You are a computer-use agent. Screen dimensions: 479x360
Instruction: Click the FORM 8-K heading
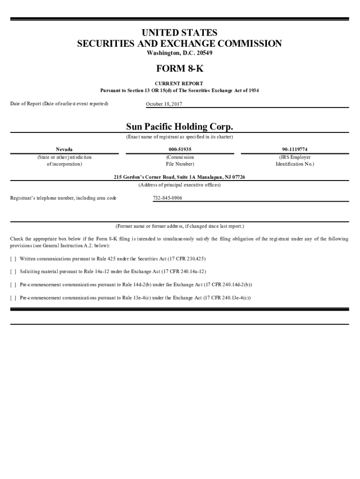point(180,69)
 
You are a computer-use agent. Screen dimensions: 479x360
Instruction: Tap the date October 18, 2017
point(164,103)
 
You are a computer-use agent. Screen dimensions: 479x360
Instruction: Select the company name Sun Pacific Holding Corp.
point(180,127)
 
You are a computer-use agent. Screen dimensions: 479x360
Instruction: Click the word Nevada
point(64,149)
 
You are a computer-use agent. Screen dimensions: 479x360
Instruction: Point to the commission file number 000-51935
point(180,149)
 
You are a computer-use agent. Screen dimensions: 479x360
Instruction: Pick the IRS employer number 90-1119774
point(295,149)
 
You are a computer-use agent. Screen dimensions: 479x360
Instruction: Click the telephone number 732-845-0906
point(167,198)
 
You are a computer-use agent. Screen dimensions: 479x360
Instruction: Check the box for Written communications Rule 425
point(13,259)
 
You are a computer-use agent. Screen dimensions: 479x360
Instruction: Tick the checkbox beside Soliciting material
point(13,271)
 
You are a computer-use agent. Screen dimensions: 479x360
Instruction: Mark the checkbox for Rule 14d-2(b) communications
point(13,284)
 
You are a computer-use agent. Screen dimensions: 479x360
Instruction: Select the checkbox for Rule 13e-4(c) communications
point(13,297)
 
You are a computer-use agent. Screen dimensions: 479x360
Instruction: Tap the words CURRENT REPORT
point(180,83)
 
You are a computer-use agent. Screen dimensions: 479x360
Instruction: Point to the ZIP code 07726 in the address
point(238,177)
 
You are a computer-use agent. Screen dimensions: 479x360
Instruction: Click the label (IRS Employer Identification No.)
point(295,161)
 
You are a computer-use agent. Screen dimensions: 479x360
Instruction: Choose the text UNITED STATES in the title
point(180,33)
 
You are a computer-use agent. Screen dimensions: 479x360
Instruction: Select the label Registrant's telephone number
point(64,198)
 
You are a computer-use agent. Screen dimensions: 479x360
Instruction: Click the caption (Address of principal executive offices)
point(180,185)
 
